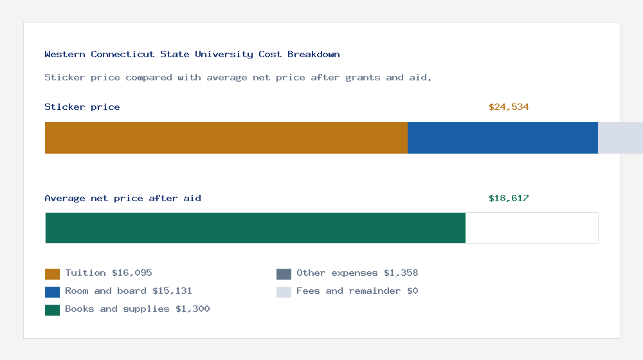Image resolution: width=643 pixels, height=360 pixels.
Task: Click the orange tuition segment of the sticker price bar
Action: (x=226, y=138)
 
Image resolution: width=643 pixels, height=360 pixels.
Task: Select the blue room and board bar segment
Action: (x=503, y=138)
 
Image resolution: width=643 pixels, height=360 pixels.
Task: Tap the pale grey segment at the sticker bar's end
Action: (x=620, y=138)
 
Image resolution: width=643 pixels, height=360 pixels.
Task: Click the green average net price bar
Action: (x=255, y=228)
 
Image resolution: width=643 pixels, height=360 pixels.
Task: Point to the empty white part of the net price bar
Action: (x=532, y=228)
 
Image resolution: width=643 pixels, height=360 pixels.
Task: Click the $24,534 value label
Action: (x=509, y=107)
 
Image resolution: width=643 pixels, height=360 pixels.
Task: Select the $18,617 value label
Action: (x=509, y=199)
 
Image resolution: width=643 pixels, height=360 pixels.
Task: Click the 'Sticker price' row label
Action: (x=82, y=107)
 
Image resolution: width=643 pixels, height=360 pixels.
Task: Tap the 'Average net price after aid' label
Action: (x=123, y=199)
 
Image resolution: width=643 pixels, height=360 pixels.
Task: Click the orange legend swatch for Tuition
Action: (x=52, y=274)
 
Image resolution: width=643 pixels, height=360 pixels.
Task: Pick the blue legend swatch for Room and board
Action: (x=52, y=292)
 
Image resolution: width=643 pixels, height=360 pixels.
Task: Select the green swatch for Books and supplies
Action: (x=52, y=310)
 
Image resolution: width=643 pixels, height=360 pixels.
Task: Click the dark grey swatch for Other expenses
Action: (x=284, y=274)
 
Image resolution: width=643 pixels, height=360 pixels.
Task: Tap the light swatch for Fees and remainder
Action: (x=284, y=292)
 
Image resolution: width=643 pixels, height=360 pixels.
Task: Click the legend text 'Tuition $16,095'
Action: (x=109, y=273)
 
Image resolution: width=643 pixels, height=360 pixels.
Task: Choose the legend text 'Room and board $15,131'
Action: (x=129, y=291)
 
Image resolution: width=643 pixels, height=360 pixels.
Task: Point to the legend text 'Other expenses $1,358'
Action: (x=357, y=273)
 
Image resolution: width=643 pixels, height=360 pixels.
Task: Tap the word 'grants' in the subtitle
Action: (x=363, y=78)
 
